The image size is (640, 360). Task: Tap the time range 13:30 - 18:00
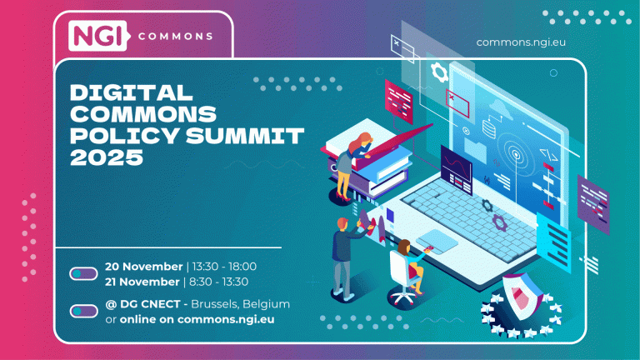pyautogui.click(x=223, y=267)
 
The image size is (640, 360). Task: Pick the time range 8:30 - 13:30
pyautogui.click(x=220, y=281)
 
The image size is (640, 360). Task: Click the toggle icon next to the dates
pyautogui.click(x=83, y=273)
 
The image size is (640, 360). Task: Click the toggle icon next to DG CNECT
pyautogui.click(x=83, y=311)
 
